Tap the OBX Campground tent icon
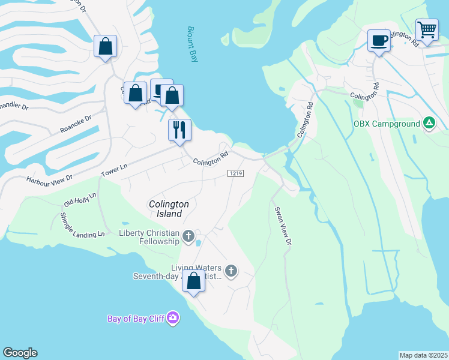429,124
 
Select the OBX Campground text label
387,124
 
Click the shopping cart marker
427,29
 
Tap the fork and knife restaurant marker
179,130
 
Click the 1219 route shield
235,173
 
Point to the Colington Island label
169,209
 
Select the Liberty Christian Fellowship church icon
188,236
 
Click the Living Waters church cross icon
231,271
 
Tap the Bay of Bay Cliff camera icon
173,317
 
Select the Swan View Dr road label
283,226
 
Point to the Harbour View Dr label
49,178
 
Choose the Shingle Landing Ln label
82,226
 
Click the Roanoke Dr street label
75,124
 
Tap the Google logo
20,353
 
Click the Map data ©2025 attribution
423,355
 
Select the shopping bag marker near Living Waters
194,281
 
